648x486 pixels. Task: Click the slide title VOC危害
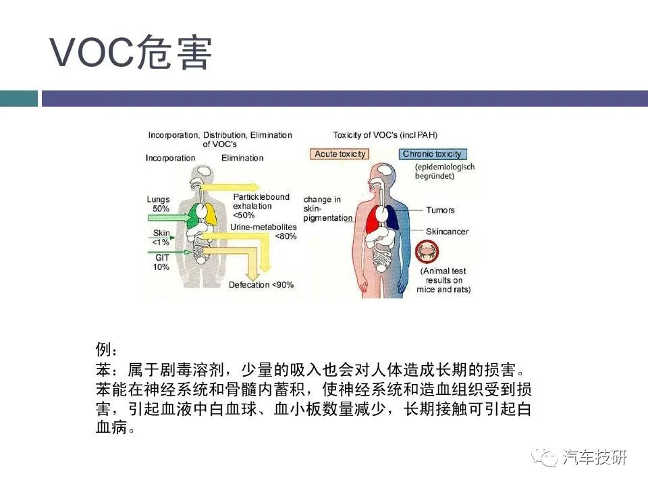point(130,53)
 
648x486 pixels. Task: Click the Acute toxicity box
point(340,154)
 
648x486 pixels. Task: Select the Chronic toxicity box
point(432,154)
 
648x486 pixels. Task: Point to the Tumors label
point(440,210)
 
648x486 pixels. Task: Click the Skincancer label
point(447,232)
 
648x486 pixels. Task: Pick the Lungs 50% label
point(159,204)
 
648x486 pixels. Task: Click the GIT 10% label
point(161,263)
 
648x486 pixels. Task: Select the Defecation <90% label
point(261,285)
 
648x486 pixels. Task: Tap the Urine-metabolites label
point(263,227)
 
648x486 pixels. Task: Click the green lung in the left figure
point(192,216)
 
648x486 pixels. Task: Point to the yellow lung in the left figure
point(211,214)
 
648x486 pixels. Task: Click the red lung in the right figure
point(372,219)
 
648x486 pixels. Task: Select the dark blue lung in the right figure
point(391,218)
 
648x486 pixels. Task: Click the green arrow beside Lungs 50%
point(168,217)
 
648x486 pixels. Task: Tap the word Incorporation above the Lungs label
point(170,158)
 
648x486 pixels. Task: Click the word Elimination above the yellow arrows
point(242,158)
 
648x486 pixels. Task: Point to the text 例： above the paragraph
point(107,349)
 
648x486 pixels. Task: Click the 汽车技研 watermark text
point(595,457)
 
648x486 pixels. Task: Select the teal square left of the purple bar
point(19,99)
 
